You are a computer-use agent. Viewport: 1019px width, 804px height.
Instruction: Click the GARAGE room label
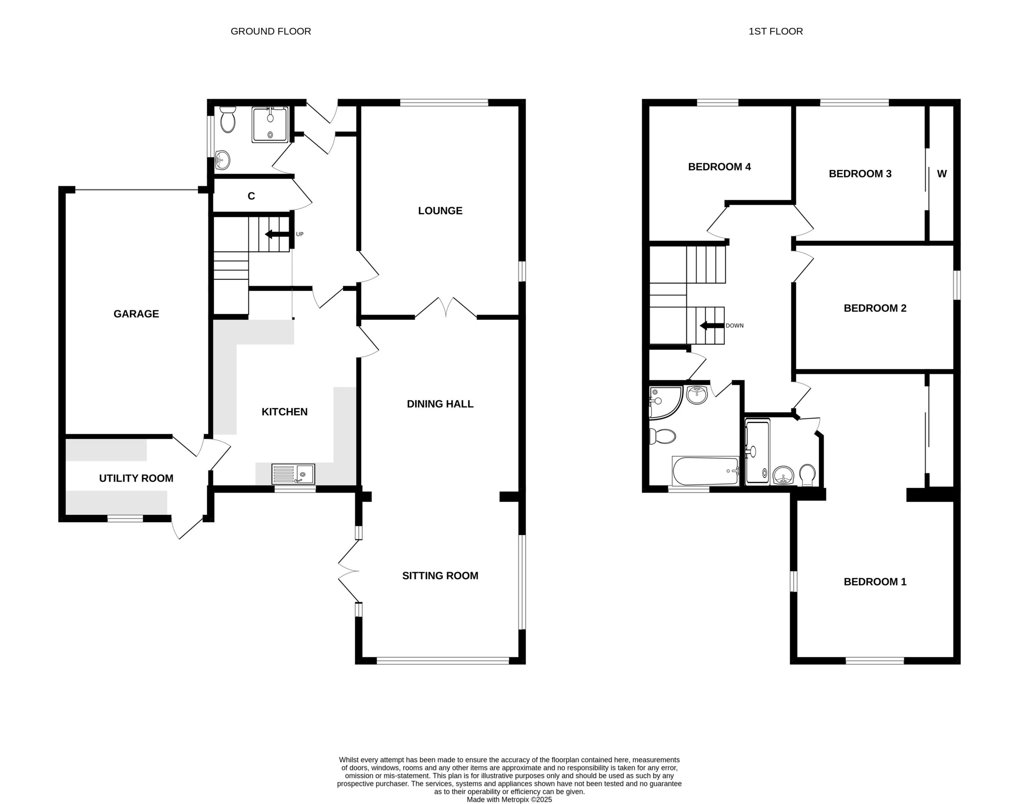click(x=136, y=314)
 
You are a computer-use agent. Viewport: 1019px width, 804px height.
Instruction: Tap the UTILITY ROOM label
click(x=136, y=478)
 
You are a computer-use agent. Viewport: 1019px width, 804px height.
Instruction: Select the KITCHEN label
click(x=285, y=412)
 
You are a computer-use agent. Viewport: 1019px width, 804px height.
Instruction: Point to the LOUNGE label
click(x=440, y=211)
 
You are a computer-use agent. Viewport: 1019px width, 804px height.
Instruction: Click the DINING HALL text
click(x=440, y=404)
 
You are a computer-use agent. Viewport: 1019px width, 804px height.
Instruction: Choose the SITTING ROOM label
click(x=440, y=576)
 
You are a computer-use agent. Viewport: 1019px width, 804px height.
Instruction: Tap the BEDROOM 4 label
click(x=720, y=167)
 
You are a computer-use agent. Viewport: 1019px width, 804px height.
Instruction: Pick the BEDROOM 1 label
click(x=875, y=582)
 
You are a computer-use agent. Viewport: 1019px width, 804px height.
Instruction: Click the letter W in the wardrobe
click(x=942, y=174)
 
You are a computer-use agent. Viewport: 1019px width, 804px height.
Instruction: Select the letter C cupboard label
click(x=252, y=196)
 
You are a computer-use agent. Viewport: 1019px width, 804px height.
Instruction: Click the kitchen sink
click(x=293, y=474)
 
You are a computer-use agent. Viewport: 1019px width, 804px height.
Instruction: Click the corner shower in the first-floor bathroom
click(x=665, y=403)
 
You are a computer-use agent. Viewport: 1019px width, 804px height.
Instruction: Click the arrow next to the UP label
click(x=277, y=234)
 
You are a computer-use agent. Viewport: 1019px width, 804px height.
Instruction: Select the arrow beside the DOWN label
click(x=712, y=326)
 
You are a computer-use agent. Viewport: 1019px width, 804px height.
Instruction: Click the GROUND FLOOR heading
click(x=271, y=31)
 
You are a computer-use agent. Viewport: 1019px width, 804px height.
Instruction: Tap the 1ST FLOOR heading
click(x=775, y=31)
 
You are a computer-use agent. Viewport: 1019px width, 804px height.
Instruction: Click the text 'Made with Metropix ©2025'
click(x=509, y=799)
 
